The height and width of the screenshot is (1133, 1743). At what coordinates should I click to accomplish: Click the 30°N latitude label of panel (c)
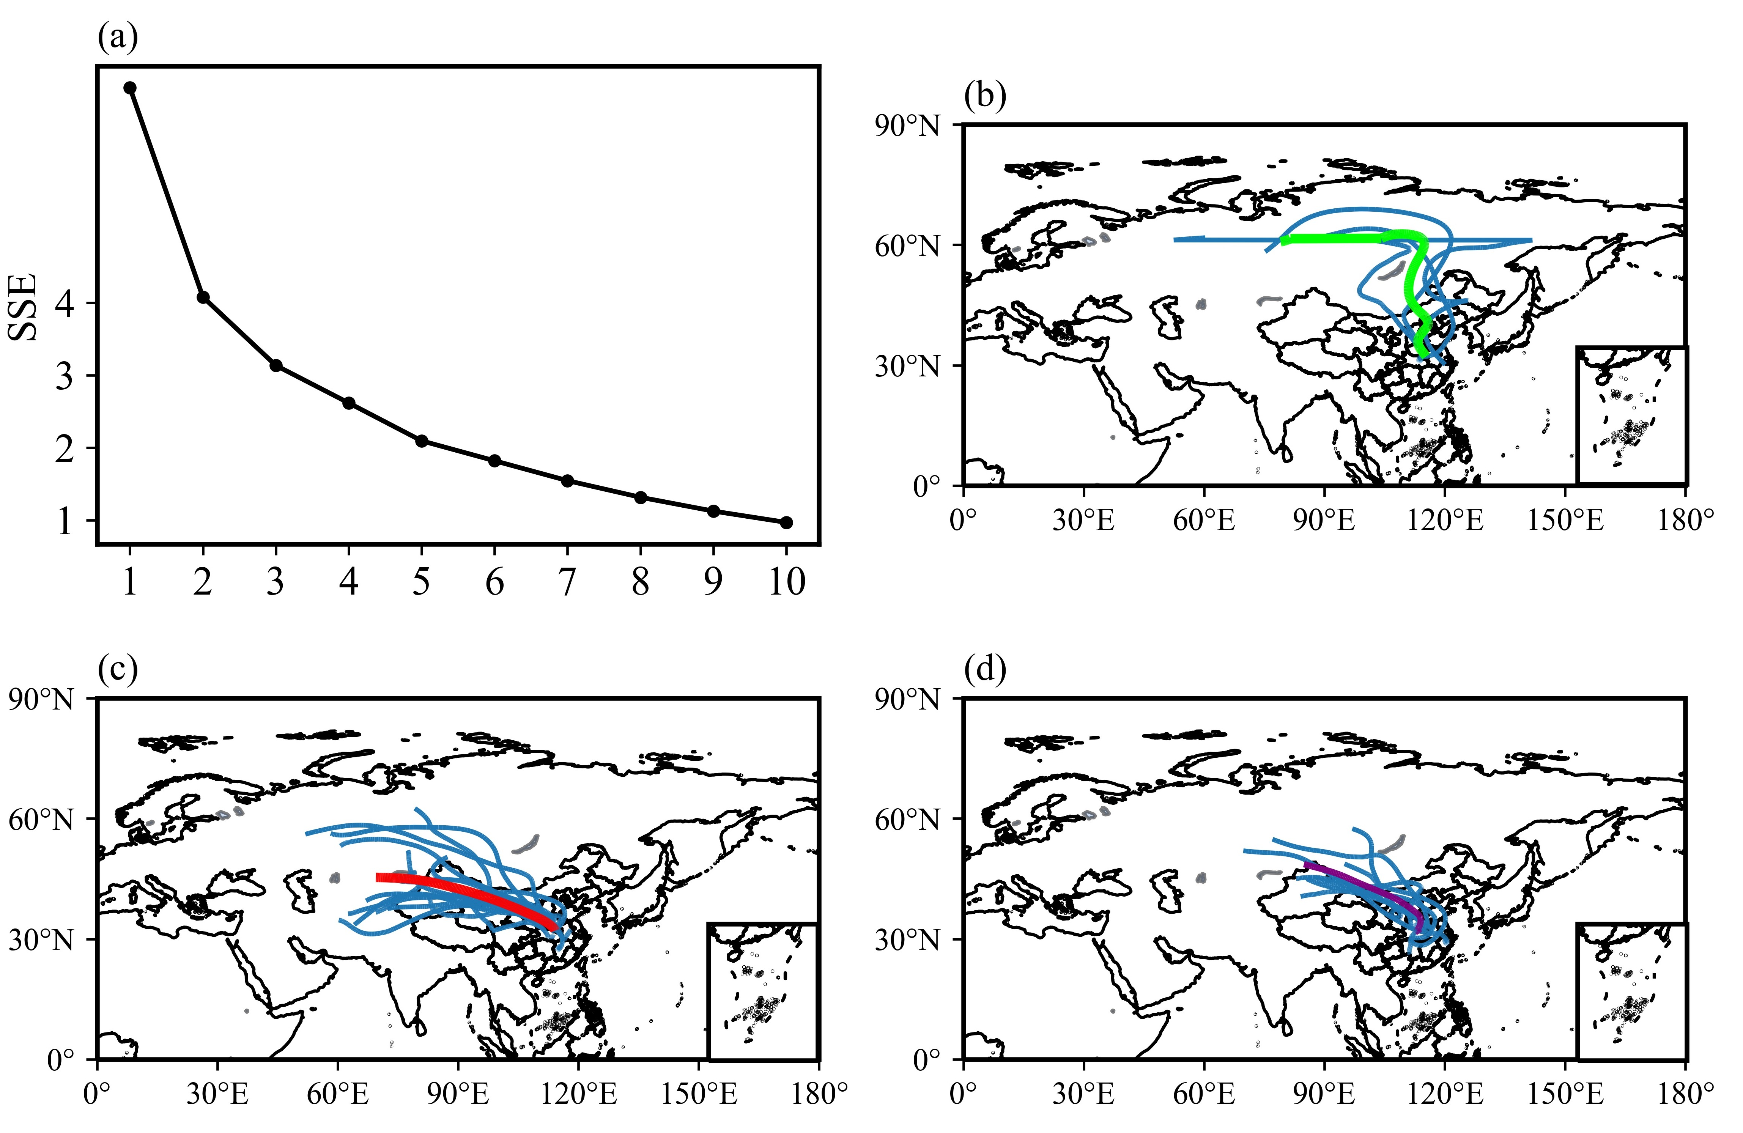(41, 939)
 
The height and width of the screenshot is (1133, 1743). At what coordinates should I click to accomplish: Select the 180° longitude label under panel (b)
(1685, 521)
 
